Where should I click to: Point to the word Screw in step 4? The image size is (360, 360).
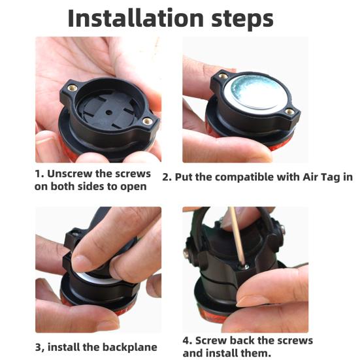216,340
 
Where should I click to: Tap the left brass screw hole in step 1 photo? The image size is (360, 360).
73,88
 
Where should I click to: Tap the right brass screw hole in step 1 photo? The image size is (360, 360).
148,120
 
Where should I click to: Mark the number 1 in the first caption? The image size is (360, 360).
38,174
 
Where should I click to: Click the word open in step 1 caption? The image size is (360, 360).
133,187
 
